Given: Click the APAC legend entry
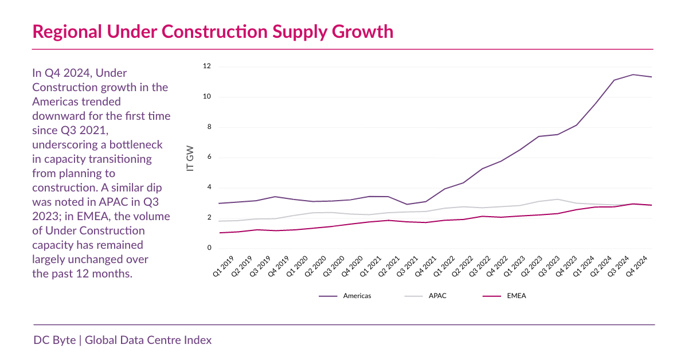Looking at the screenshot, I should (437, 296).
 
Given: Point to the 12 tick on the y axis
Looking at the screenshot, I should (207, 66).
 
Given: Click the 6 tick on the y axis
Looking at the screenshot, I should (209, 158).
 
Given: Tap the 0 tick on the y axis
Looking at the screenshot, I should (209, 248).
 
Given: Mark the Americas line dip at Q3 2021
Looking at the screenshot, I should (407, 204).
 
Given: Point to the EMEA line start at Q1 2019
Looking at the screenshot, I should (220, 233).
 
